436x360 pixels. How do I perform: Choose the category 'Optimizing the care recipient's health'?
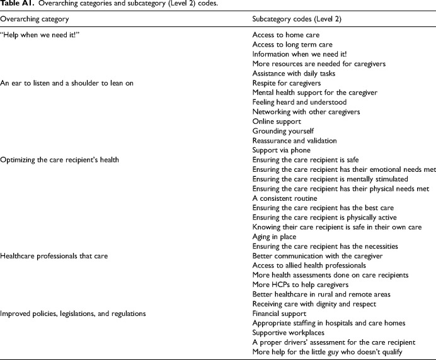tap(60, 160)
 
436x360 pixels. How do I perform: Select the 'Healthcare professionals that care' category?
tap(55, 256)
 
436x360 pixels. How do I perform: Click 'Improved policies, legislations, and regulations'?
tap(73, 313)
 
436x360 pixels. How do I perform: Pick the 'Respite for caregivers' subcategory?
tap(287, 83)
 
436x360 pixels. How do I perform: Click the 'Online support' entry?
tap(277, 121)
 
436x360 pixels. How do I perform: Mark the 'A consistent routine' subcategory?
tap(285, 198)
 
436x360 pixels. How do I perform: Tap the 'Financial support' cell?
tap(280, 313)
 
